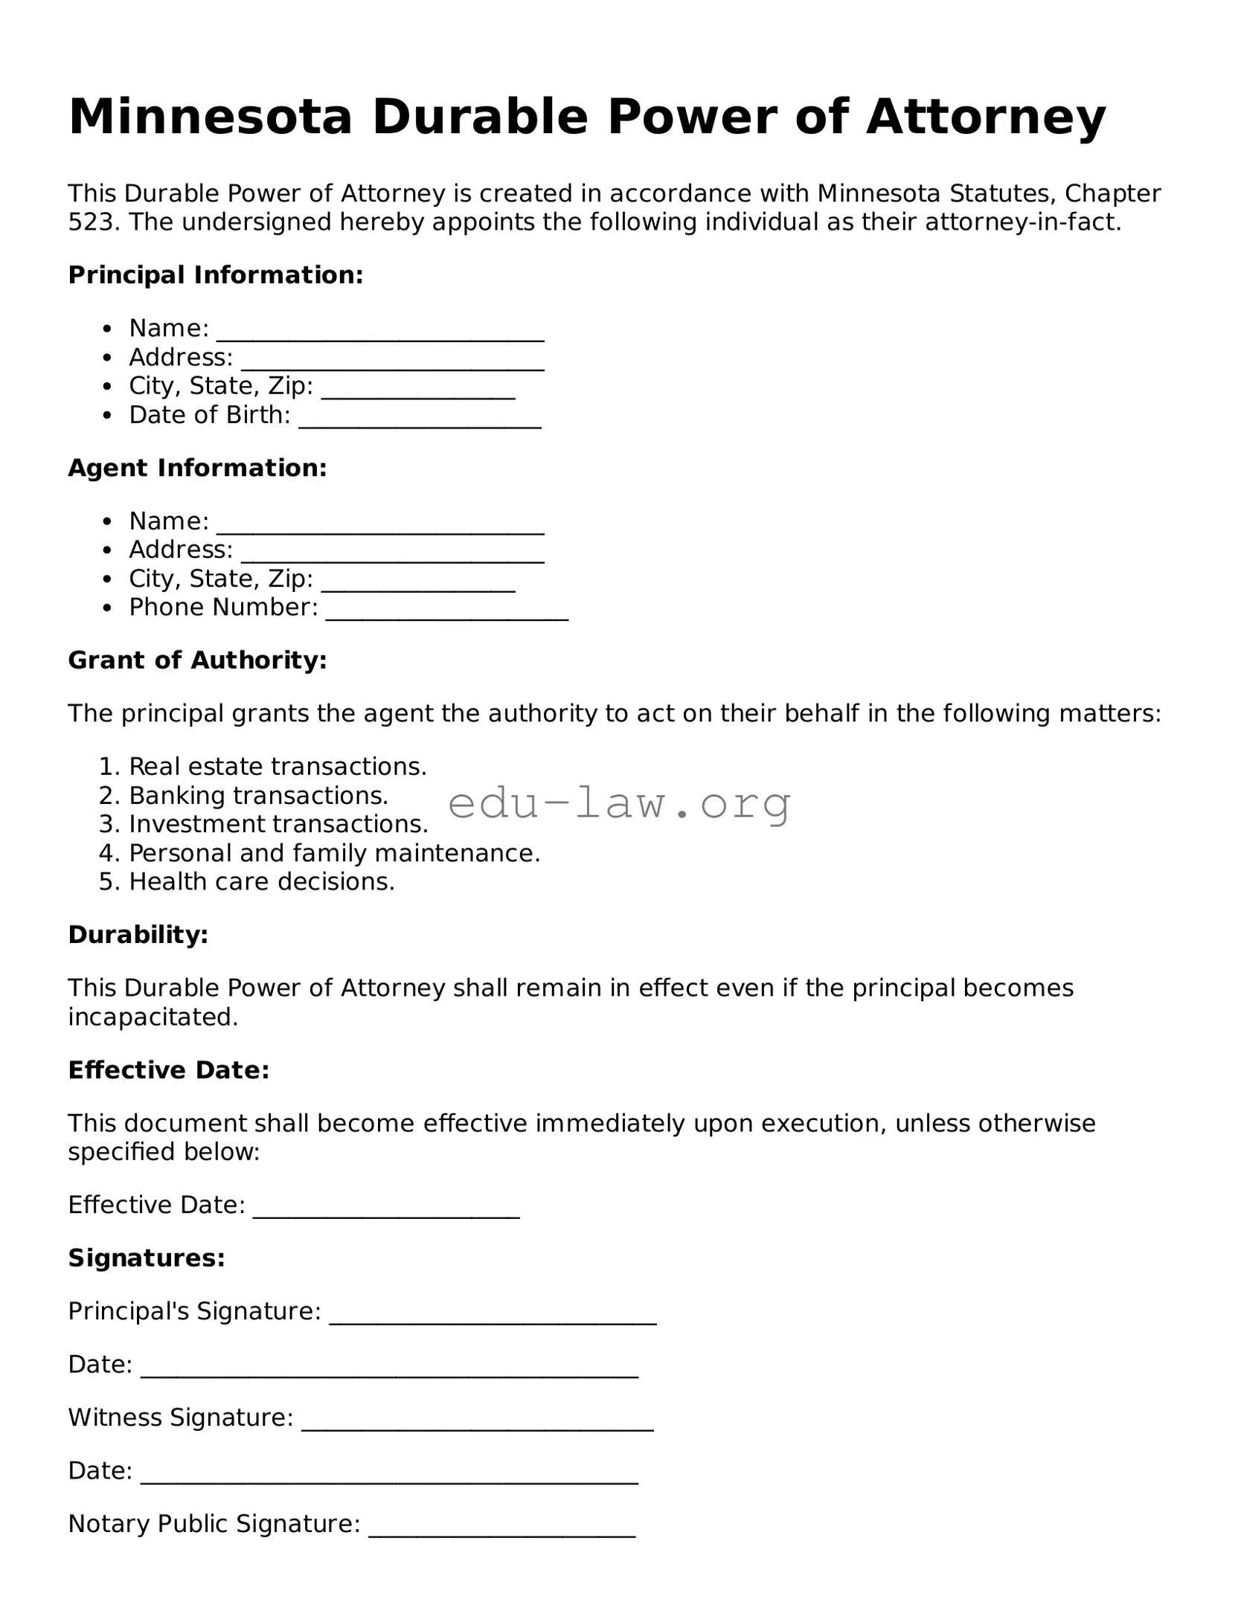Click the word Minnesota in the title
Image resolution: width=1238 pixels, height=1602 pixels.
point(210,118)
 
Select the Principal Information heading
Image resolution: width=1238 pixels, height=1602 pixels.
point(216,275)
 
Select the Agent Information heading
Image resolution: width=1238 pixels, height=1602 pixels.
point(197,468)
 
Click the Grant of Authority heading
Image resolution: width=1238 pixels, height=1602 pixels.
point(197,660)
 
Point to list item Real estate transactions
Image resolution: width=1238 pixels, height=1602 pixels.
point(278,767)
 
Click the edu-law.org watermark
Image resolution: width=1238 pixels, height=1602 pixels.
point(619,804)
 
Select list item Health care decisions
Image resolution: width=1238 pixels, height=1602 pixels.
point(261,882)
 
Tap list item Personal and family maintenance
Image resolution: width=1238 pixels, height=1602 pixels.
point(334,853)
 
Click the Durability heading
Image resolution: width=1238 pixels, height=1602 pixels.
point(138,935)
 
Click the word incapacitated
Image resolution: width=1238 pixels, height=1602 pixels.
point(153,1017)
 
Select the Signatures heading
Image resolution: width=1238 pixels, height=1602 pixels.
point(147,1258)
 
